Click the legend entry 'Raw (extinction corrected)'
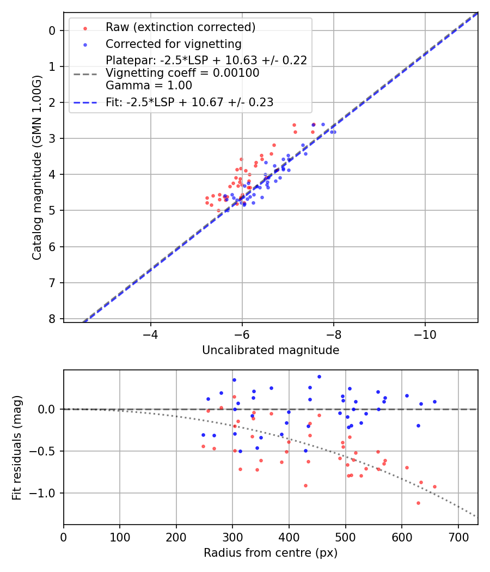[x=180, y=27]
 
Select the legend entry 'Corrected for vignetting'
[x=173, y=44]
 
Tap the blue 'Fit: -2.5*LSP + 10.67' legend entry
[x=189, y=102]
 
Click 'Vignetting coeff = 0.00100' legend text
[x=182, y=72]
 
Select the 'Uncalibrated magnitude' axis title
[x=271, y=350]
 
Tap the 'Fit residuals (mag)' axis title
[x=17, y=447]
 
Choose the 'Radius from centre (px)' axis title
[x=271, y=553]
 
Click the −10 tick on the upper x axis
[x=425, y=333]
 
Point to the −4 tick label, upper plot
[x=151, y=333]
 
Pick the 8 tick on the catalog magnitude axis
[x=52, y=319]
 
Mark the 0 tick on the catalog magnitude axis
[x=52, y=31]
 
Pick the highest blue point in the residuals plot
[x=319, y=376]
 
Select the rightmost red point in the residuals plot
[x=434, y=486]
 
